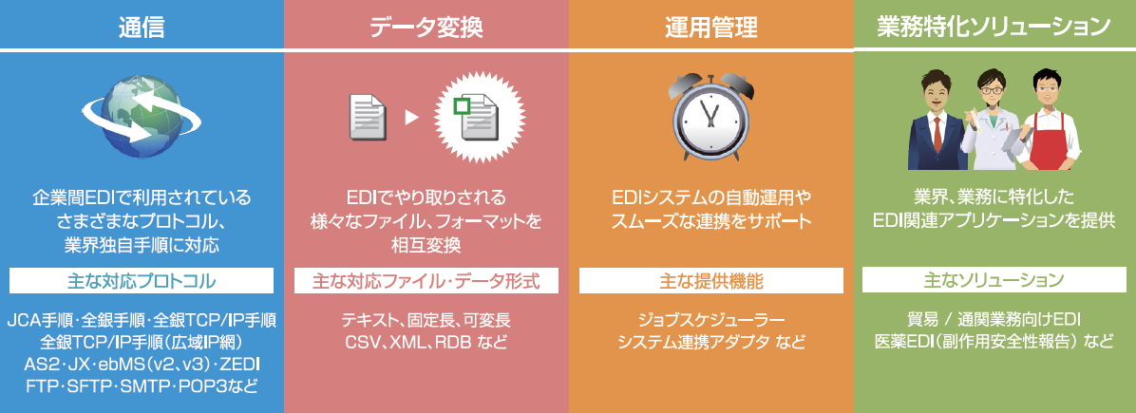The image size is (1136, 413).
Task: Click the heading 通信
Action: (142, 26)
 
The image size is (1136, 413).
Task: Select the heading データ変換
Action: (426, 26)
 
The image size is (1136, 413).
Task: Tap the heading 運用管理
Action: (710, 26)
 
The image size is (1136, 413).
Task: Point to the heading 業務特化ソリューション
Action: (994, 26)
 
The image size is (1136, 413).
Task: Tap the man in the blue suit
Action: (940, 119)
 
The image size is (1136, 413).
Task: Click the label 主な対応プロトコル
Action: (142, 281)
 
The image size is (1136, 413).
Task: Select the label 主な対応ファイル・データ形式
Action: (426, 281)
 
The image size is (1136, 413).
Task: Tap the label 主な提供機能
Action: (710, 281)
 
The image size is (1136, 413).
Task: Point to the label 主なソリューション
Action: (994, 281)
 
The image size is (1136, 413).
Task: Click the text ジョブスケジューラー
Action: (710, 318)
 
